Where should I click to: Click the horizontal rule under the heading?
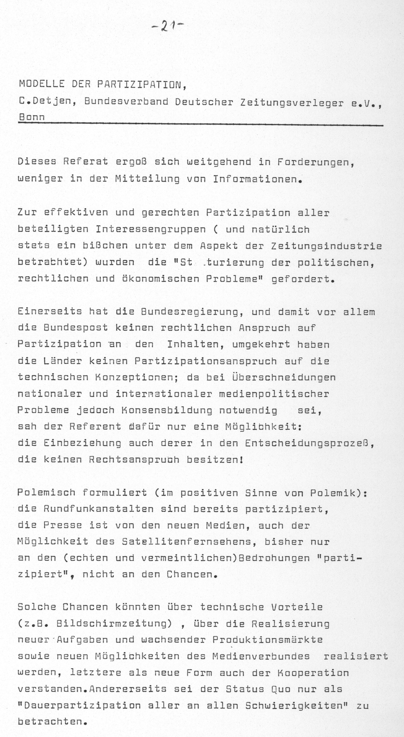[x=200, y=124]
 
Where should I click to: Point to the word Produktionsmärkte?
[x=267, y=640]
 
